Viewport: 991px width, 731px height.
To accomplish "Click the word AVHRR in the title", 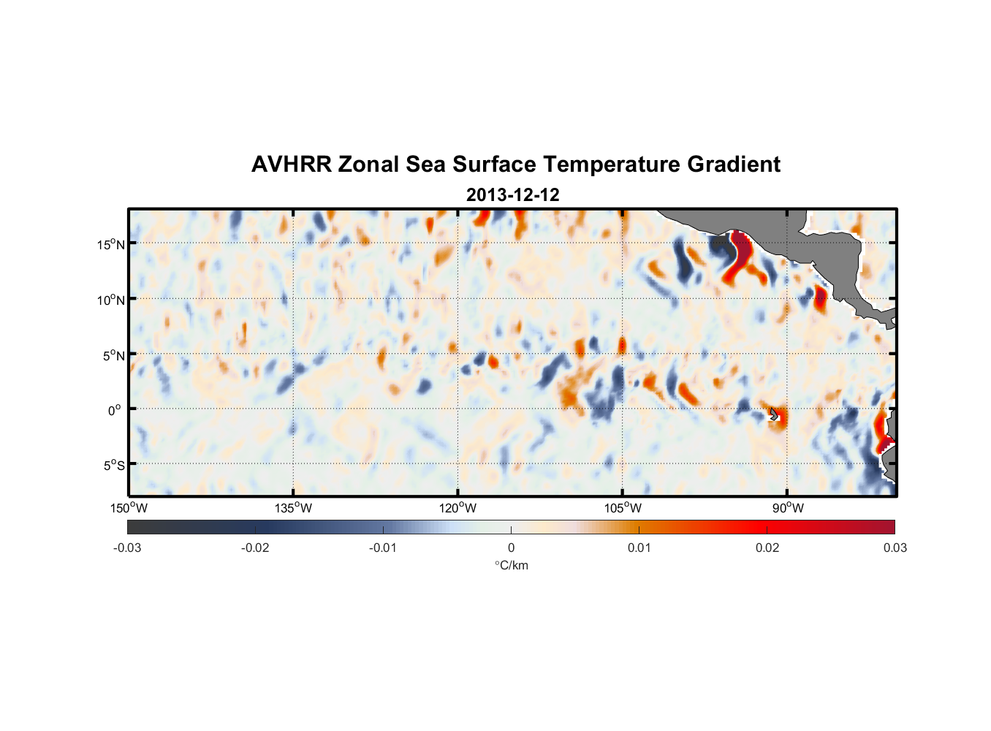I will click(291, 164).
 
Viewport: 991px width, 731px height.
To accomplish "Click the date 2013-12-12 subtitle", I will click(512, 195).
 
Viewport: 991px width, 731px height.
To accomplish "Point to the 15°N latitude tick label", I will click(111, 244).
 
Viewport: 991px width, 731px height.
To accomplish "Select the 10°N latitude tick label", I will click(111, 300).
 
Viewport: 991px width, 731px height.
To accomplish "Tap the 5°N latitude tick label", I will click(113, 355).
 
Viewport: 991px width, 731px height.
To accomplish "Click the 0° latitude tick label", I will click(115, 410).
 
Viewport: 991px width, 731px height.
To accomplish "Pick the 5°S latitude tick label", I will click(113, 466).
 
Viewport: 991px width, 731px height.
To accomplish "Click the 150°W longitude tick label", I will click(129, 508).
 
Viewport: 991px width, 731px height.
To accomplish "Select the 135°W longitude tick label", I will click(293, 508).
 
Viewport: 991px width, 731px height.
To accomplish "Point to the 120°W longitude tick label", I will click(457, 508).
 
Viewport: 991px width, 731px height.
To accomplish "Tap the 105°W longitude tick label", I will click(623, 508).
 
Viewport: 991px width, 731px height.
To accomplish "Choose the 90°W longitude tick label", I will click(787, 508).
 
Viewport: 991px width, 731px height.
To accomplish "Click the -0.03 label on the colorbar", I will click(127, 548).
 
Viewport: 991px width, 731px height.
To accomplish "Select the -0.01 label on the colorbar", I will click(383, 548).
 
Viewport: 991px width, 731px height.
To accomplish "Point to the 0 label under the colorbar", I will click(511, 548).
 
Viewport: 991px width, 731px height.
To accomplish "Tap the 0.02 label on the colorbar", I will click(767, 548).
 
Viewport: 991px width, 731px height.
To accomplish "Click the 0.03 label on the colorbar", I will click(895, 548).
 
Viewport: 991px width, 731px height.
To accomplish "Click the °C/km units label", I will click(511, 565).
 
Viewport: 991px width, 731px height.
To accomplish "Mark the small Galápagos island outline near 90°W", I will click(774, 414).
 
